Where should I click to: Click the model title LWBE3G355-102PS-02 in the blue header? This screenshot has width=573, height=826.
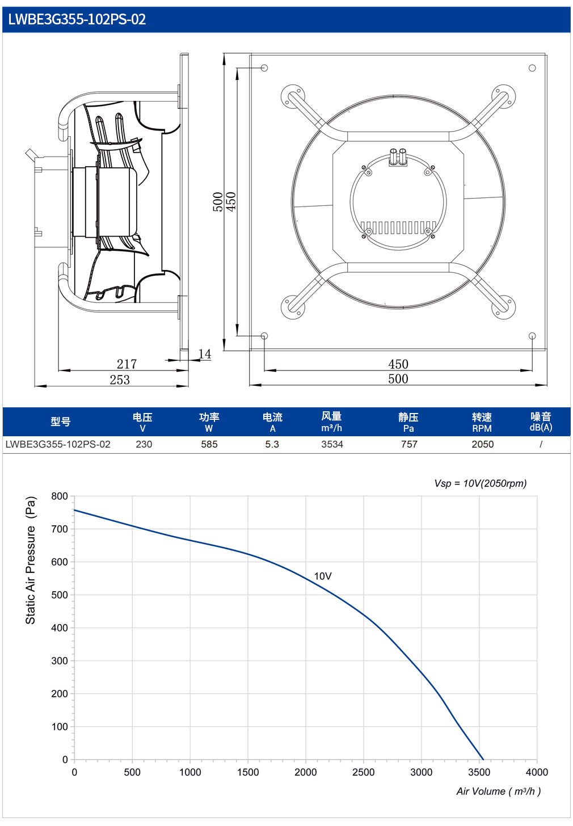coord(77,19)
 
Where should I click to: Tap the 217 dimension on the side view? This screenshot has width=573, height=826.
coord(127,364)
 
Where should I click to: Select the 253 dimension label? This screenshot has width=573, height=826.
coord(120,380)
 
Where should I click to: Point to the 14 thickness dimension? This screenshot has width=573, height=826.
coord(205,353)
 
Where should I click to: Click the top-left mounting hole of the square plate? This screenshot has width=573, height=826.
coord(264,68)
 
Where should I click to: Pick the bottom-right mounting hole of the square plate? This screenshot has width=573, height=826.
coord(532,336)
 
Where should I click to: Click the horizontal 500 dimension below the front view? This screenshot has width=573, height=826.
coord(398,379)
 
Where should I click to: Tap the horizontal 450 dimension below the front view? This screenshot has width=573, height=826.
coord(398,364)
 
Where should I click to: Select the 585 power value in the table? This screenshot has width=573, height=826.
coord(209,444)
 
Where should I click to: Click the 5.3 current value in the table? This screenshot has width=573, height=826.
coord(272,444)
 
